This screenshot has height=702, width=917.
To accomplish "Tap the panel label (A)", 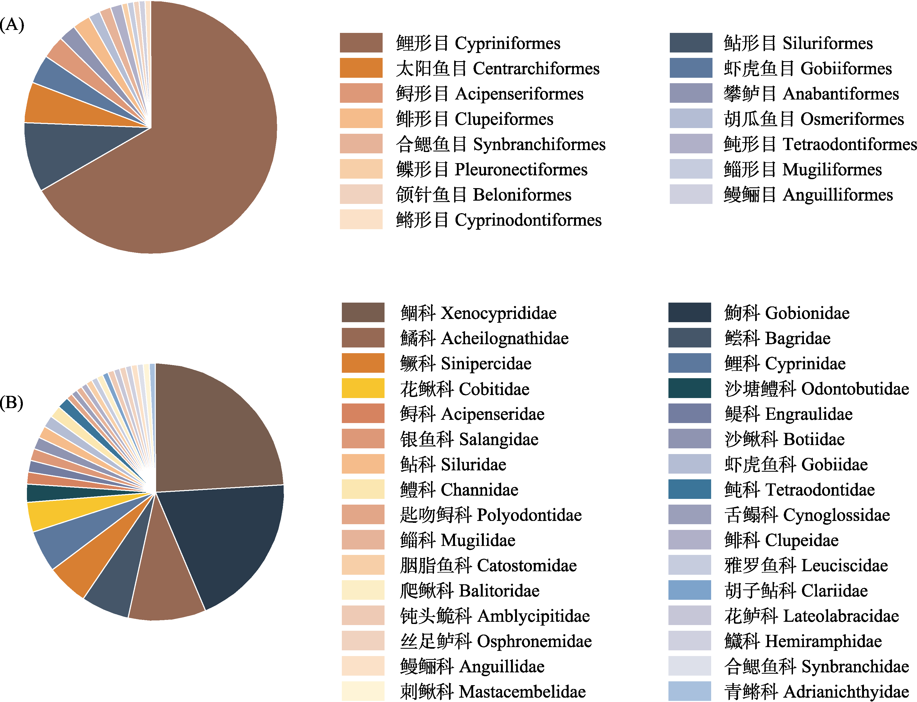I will tap(12, 25).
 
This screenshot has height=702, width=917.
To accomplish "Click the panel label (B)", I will tap(12, 402).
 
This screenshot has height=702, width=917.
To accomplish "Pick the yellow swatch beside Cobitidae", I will tap(363, 388).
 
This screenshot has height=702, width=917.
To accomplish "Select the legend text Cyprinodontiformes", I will tap(528, 220).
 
